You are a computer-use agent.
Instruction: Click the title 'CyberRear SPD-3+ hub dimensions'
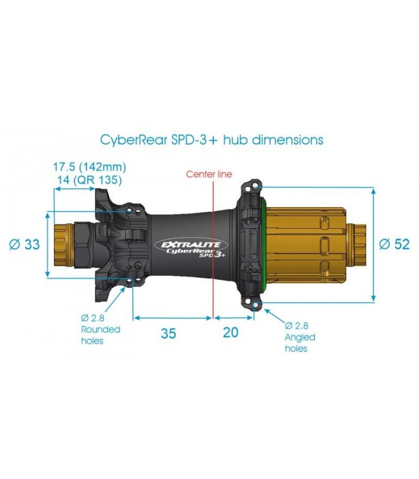pos(212,140)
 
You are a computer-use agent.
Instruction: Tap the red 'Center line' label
pos(209,174)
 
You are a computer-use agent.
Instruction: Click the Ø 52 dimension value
pos(394,244)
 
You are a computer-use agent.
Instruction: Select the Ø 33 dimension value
pos(25,244)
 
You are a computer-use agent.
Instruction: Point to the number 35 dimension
pos(168,333)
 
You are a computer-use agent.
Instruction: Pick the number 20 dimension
pos(230,332)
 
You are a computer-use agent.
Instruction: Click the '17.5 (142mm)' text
pos(89,167)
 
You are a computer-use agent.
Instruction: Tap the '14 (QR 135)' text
pos(89,180)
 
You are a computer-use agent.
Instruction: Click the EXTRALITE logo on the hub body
pos(192,244)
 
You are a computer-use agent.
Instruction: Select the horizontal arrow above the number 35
pos(173,318)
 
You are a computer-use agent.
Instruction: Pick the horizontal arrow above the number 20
pos(233,318)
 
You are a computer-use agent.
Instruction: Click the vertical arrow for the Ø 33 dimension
pos(47,244)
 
